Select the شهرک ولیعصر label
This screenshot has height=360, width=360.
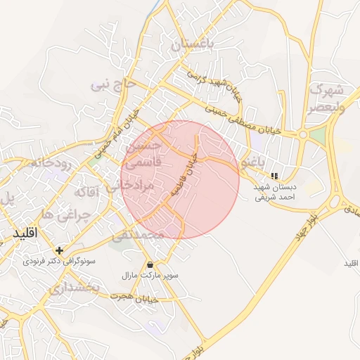click(325, 98)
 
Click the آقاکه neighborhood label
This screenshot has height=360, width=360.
click(90, 190)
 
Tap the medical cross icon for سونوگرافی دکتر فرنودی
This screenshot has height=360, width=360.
click(59, 250)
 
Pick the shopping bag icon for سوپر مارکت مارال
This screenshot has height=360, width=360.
click(150, 264)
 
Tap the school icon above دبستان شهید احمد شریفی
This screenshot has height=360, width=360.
click(274, 176)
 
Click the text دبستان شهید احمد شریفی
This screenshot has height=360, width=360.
click(275, 193)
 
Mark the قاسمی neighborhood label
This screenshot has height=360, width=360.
click(143, 162)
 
